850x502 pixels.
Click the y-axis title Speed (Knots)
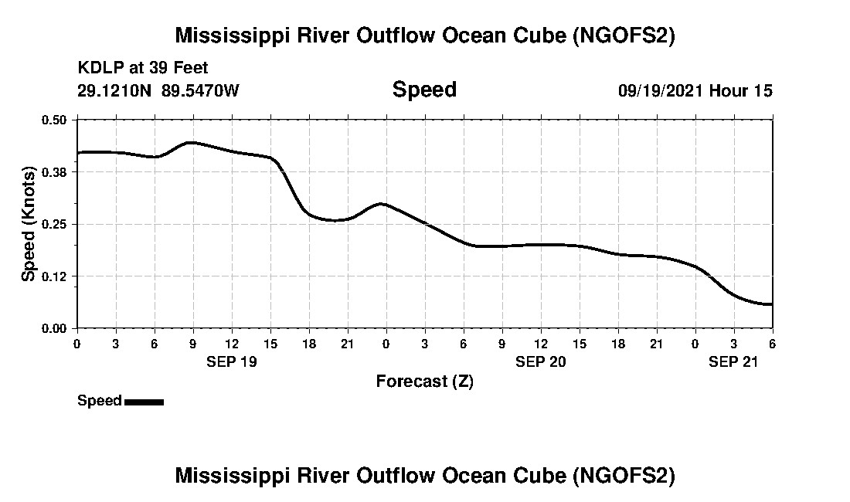point(29,224)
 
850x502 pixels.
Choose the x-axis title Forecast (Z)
point(424,381)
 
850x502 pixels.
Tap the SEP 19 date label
point(231,361)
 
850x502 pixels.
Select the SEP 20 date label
point(541,361)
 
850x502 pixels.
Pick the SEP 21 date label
point(734,361)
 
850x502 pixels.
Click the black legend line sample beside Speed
point(144,402)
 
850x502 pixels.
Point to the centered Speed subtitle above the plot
point(424,90)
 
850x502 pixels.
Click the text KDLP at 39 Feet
point(143,69)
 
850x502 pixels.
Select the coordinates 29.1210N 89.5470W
point(158,90)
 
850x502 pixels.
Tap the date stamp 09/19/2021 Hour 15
point(695,90)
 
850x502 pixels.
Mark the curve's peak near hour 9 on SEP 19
point(191,143)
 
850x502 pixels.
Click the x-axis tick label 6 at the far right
point(772,343)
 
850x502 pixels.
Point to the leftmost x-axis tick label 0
point(76,343)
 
